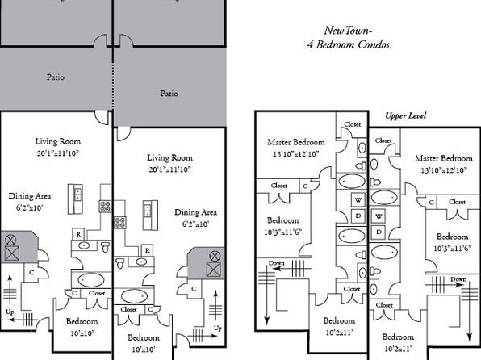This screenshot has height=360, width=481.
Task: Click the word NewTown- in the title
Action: point(348,31)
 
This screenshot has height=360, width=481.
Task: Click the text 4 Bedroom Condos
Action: point(349,45)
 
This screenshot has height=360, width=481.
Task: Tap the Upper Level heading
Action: point(405,115)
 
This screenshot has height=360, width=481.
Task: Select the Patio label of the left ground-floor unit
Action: point(56,77)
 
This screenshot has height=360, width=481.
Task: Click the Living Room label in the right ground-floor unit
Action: point(169,157)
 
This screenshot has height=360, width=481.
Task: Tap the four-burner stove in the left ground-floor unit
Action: point(105,207)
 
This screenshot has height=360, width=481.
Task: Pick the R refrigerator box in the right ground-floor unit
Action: point(147,250)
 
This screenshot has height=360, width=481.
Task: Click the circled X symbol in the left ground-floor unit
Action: point(10,240)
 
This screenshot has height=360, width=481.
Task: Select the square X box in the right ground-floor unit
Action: point(214,270)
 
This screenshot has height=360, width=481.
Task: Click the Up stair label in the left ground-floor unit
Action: point(10,312)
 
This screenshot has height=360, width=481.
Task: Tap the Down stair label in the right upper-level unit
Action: point(458,279)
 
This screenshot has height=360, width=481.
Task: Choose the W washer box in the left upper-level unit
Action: point(358,200)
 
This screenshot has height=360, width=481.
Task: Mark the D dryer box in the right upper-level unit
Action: point(379,232)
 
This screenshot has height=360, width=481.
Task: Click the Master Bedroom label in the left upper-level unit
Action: point(296,142)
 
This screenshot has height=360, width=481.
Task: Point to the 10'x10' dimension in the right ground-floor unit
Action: point(144,350)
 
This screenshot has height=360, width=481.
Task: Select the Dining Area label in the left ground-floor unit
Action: point(30,196)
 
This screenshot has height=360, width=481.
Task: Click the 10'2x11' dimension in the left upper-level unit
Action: point(339,333)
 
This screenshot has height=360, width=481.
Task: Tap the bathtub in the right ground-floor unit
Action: point(134,296)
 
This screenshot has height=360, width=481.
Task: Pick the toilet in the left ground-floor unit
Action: point(106,247)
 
